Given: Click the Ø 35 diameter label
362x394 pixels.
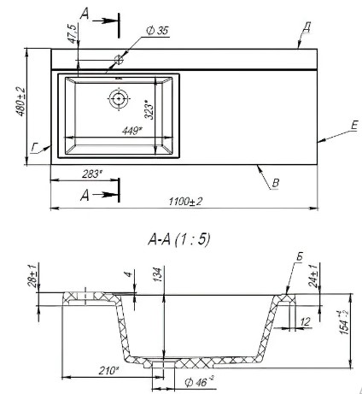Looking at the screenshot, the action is (157, 31).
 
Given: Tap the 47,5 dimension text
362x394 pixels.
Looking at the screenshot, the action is (73, 34).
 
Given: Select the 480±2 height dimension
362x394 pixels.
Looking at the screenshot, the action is (20, 102).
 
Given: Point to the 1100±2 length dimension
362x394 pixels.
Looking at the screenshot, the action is (185, 202).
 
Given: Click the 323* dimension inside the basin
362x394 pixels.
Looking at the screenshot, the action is (149, 109).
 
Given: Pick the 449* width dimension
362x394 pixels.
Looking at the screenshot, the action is (131, 131).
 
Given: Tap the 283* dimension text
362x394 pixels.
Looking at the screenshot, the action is (92, 173).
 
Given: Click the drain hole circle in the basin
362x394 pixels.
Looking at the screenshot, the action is (119, 99).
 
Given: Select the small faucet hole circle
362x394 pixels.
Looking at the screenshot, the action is (119, 60).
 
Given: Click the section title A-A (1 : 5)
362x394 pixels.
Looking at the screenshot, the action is (179, 238).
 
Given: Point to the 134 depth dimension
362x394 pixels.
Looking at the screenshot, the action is (158, 274).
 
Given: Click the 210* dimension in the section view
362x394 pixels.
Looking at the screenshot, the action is (108, 370).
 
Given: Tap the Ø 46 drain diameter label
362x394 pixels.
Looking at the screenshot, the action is (199, 382).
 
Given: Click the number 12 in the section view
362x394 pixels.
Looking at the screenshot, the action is (305, 322).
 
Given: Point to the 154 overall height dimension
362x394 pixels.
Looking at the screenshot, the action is (344, 322).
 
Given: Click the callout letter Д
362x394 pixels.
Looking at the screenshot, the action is (307, 27).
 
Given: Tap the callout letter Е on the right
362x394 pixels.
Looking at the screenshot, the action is (354, 126).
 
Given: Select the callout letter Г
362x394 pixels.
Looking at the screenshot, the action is (34, 148).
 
